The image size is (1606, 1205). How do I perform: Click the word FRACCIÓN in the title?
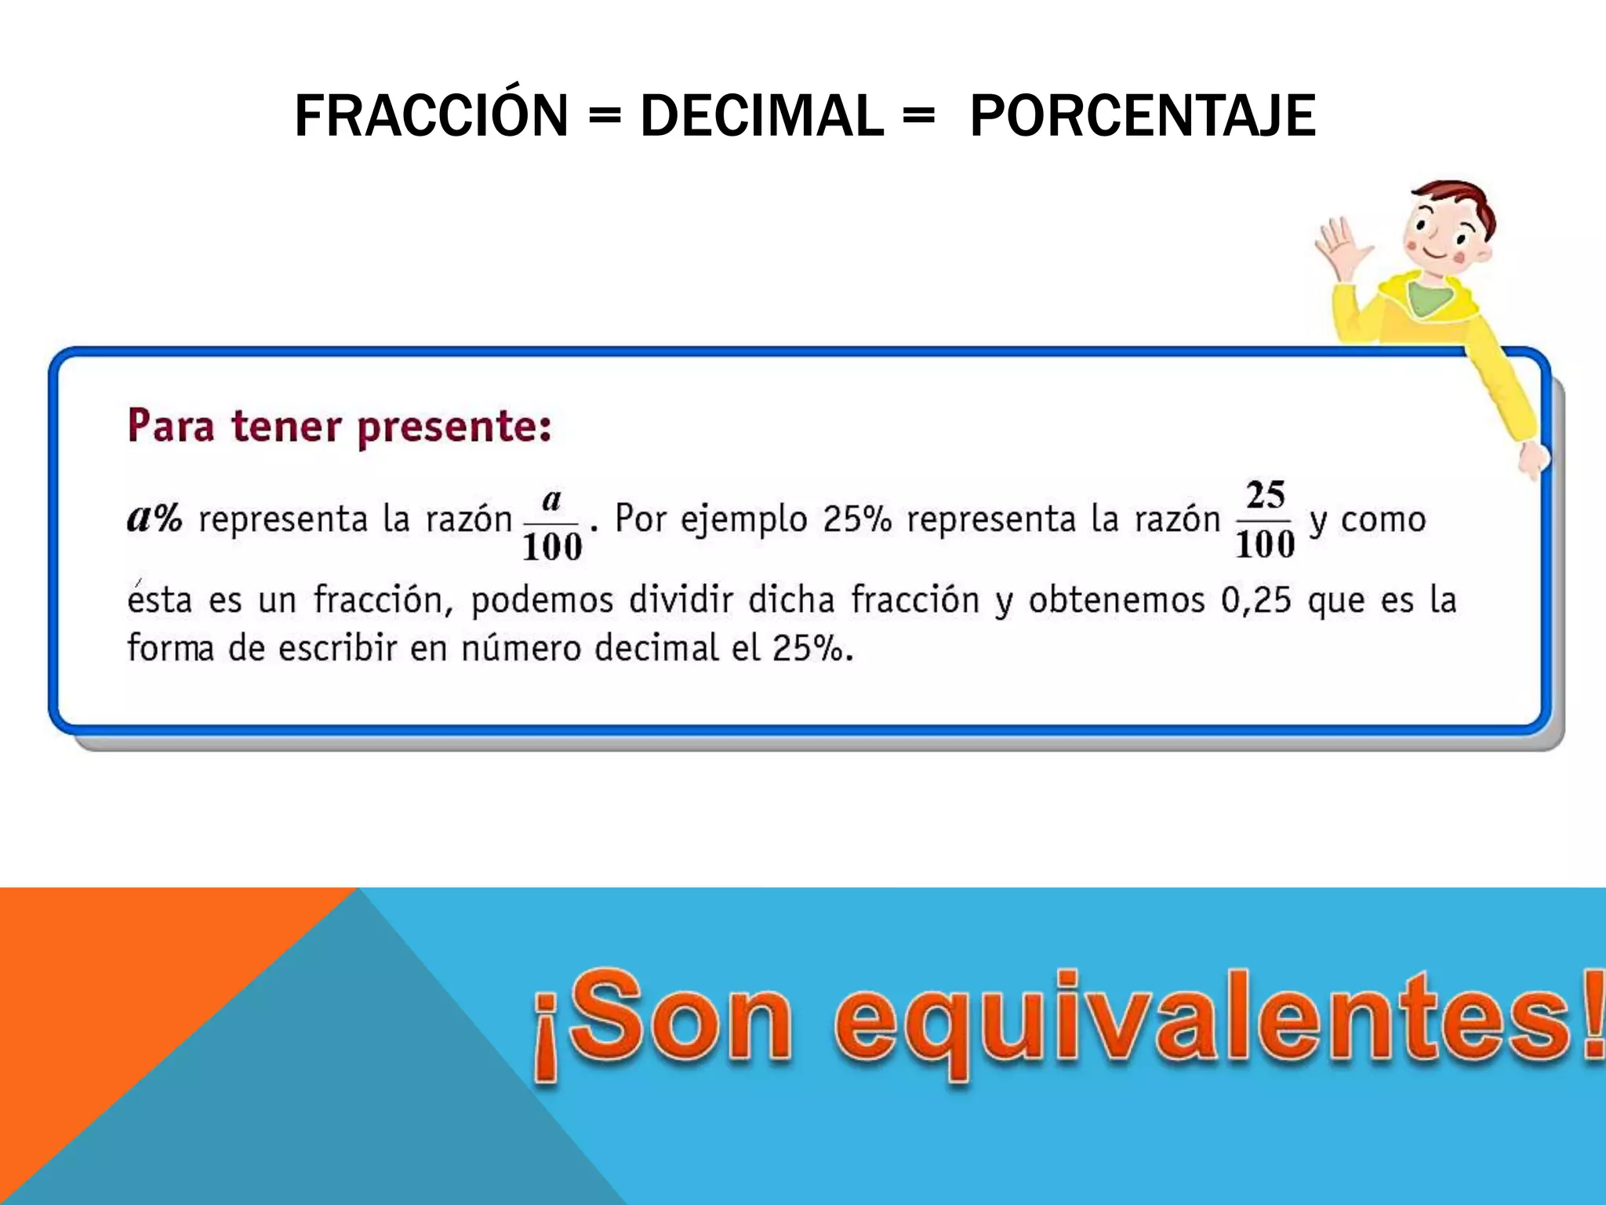pos(431,116)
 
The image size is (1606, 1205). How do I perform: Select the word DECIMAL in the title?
pos(761,116)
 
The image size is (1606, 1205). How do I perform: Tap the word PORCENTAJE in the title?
pos(1143,116)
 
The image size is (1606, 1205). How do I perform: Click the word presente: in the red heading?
pos(455,427)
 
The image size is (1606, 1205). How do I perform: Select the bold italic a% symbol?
pos(154,518)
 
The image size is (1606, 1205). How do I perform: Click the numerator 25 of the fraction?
pos(1265,495)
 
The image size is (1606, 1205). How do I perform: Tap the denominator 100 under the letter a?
pos(552,547)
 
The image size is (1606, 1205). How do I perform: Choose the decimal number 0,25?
pos(1255,601)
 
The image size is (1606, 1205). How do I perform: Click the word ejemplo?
pos(743,520)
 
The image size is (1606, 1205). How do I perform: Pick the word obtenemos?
pos(1117,601)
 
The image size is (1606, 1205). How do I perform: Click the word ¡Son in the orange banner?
pos(663,1020)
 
